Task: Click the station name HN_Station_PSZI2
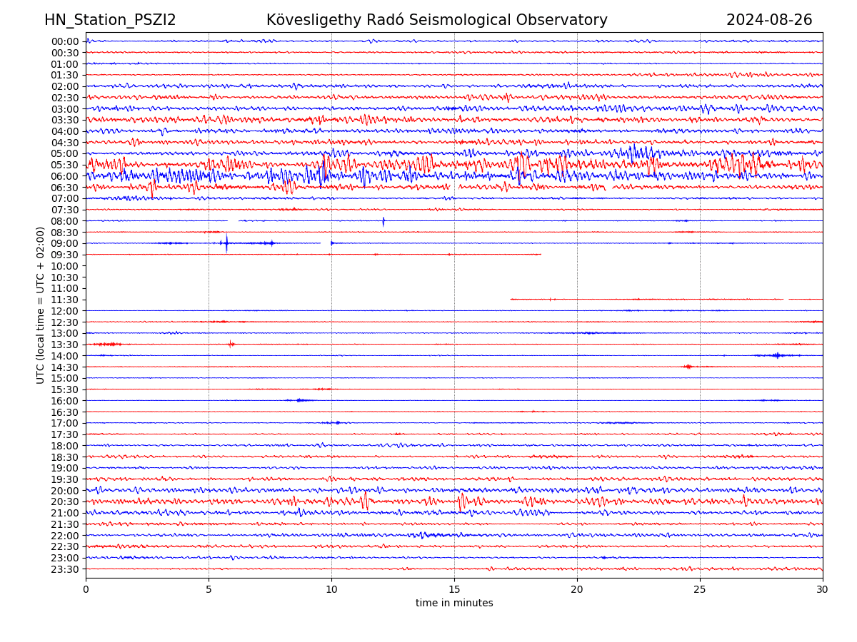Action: click(110, 20)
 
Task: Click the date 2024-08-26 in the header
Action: click(769, 20)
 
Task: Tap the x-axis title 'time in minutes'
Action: click(454, 603)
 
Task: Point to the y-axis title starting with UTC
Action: click(41, 305)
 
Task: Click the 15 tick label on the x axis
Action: click(454, 590)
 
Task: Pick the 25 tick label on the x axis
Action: click(700, 590)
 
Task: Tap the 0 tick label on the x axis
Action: click(86, 590)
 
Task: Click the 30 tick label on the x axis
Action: click(823, 590)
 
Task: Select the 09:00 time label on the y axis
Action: click(64, 243)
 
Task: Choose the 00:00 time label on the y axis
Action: click(64, 41)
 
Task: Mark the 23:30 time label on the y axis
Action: click(64, 569)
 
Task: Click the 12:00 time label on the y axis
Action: click(64, 311)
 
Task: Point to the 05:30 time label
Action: click(64, 165)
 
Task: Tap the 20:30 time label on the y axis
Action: click(64, 501)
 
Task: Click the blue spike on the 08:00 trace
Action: click(384, 221)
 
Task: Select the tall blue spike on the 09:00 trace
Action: click(226, 243)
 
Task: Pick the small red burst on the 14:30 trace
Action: click(688, 367)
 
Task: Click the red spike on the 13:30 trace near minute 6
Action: click(231, 344)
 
